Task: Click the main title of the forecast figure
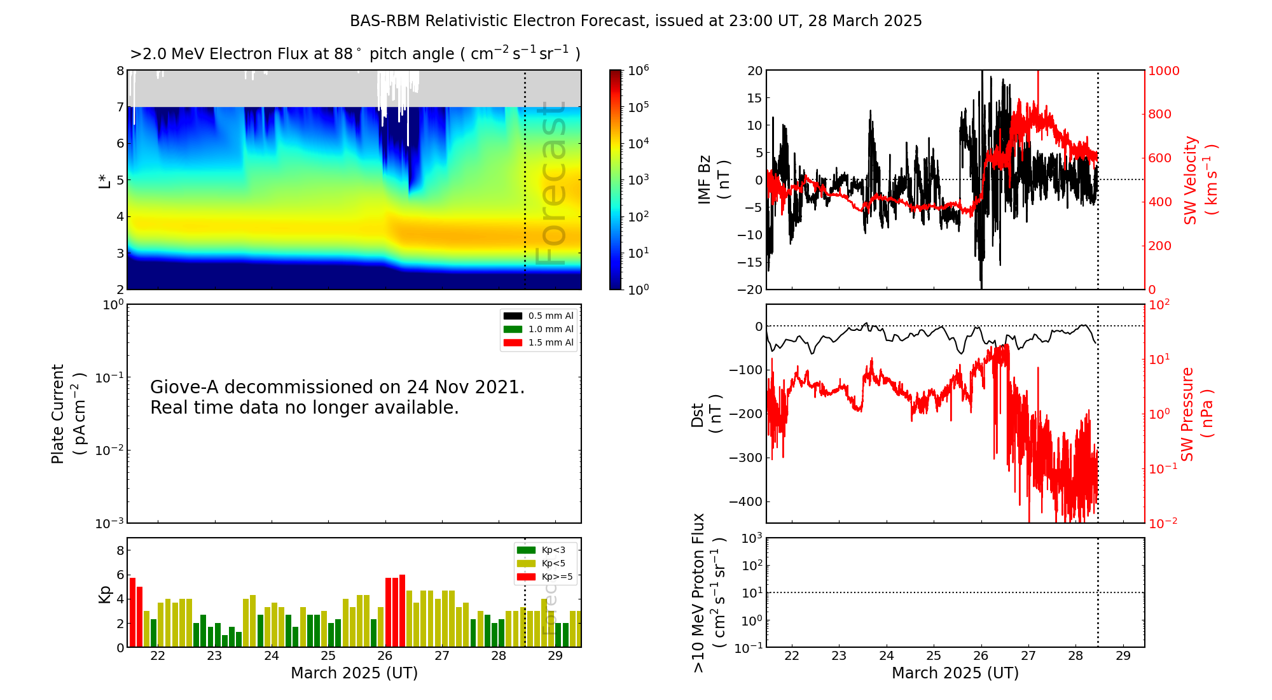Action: pos(636,21)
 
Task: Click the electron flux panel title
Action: pos(355,53)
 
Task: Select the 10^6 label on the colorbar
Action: pos(639,70)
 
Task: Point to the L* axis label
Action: pos(104,179)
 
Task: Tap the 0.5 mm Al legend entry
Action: pos(539,316)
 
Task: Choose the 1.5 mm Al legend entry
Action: pos(539,342)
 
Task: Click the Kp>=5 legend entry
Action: pos(545,577)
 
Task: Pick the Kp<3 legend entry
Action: pos(541,550)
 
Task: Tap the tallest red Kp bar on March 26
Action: pos(402,611)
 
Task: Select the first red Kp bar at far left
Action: pos(132,612)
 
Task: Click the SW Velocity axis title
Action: pos(1199,179)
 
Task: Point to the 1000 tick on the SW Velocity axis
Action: pos(1164,71)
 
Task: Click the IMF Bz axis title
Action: pos(713,179)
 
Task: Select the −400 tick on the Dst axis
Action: pos(745,501)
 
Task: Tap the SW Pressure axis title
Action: pos(1197,414)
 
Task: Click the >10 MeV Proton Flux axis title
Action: pos(709,592)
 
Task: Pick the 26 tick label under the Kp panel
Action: pos(385,656)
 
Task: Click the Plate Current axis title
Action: pos(67,414)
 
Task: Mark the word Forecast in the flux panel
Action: pos(550,183)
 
